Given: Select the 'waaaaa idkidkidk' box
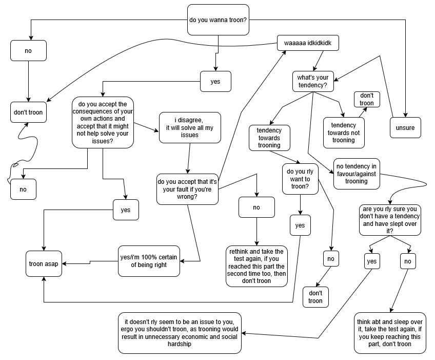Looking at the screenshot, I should click(x=308, y=43).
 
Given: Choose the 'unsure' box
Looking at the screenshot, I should click(x=405, y=128).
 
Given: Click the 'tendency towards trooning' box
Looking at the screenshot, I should click(x=269, y=138).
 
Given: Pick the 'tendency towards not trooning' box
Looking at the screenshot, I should click(x=343, y=132).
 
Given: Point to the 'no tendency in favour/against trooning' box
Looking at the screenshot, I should click(x=357, y=174).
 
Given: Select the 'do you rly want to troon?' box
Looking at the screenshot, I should click(x=300, y=179).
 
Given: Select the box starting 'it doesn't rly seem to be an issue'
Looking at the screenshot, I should click(x=180, y=333).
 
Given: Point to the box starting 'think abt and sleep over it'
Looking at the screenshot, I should click(x=390, y=333).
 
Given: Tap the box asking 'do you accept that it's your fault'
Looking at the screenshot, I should click(x=187, y=188).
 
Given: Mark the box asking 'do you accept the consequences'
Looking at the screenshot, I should click(x=103, y=122).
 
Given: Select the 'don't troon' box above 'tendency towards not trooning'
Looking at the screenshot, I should click(x=367, y=99).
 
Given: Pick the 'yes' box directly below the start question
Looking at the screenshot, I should click(x=215, y=81).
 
